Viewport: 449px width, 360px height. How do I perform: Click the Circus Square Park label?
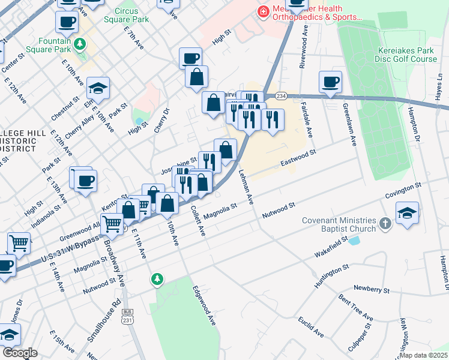click(x=127, y=15)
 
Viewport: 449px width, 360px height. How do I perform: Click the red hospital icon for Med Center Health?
click(x=262, y=11)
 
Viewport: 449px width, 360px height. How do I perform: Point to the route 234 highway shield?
click(x=281, y=96)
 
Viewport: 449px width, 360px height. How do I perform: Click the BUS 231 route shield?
click(x=127, y=314)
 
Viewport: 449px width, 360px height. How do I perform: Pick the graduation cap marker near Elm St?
click(x=98, y=89)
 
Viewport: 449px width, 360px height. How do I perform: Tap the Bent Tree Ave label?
click(x=355, y=308)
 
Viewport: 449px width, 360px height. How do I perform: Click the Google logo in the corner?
click(x=20, y=353)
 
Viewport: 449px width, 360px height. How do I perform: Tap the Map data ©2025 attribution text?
click(x=423, y=355)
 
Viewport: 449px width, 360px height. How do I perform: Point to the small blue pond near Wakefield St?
click(x=354, y=241)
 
